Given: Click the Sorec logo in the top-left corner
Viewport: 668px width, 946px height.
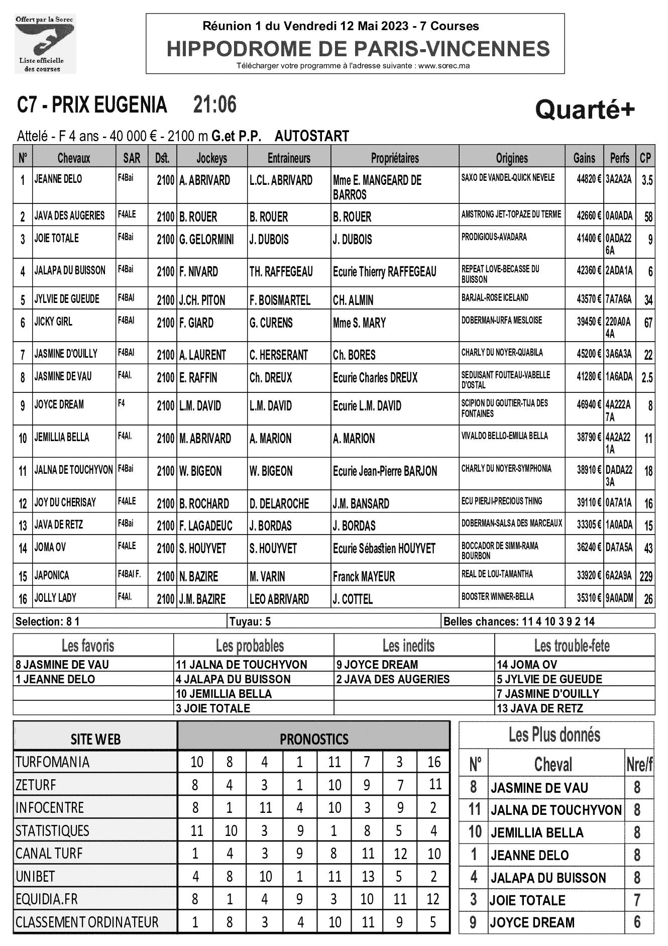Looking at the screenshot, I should pos(45,44).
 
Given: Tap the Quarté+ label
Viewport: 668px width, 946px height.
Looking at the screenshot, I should pos(585,110).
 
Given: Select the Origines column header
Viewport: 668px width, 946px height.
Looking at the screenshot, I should pos(511,158).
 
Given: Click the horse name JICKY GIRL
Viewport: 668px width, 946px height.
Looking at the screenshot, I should pos(53,322).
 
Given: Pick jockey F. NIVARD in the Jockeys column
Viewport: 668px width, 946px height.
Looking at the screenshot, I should pos(199,272).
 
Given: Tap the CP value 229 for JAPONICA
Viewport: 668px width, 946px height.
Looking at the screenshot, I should pos(646,577).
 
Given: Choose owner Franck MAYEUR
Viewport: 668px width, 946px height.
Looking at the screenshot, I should pos(364,577).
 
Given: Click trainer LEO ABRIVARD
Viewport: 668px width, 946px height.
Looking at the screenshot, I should pos(279,599).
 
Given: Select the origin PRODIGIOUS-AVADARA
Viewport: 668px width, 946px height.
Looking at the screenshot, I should pos(494,237).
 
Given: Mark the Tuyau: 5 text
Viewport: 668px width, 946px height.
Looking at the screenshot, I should pos(250,621).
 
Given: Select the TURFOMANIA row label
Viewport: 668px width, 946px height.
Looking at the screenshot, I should pos(53,762).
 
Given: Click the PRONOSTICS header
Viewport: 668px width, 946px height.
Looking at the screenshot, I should pos(314,739).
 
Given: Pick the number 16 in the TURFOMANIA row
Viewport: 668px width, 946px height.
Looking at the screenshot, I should pos(434,762).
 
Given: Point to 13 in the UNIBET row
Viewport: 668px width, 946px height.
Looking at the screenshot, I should pos(368,877).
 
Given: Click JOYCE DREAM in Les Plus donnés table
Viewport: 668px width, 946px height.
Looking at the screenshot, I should pos(532,923).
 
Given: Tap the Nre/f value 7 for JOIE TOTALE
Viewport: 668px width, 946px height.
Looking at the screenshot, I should pos(637,900).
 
